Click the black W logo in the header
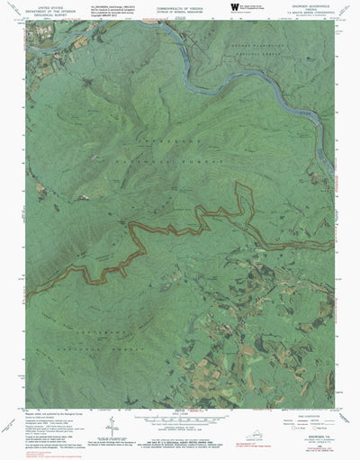[x=235, y=8]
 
